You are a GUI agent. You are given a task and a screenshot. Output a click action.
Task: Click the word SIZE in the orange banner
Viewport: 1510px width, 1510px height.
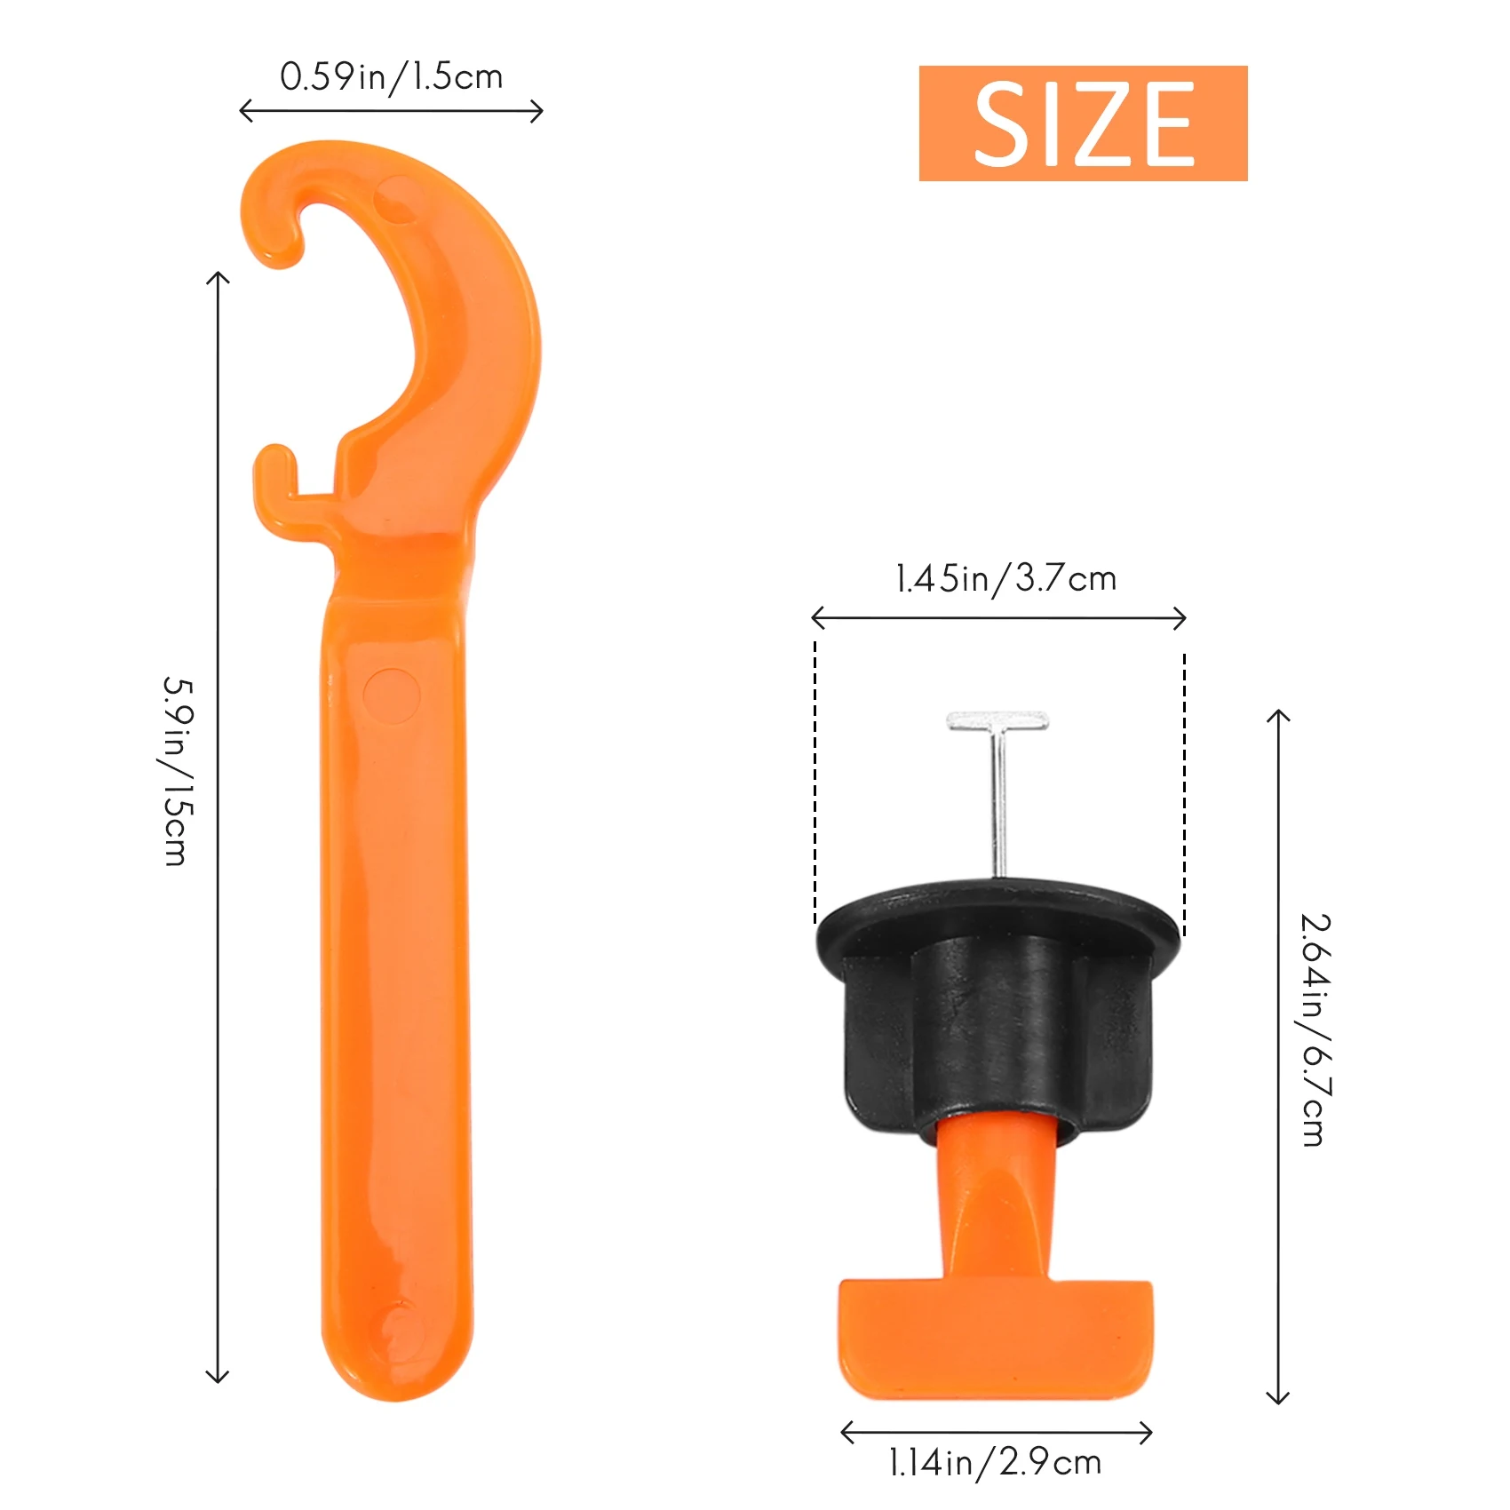pos(1083,123)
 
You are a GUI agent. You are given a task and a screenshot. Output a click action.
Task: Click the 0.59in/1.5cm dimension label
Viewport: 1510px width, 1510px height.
pos(391,77)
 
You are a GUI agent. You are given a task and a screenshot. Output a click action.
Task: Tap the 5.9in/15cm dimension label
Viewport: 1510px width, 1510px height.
pos(177,771)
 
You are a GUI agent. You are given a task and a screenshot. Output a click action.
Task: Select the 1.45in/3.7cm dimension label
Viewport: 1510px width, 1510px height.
pos(1005,579)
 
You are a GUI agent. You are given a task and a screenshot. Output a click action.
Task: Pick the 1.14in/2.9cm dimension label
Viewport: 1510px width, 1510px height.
pos(995,1462)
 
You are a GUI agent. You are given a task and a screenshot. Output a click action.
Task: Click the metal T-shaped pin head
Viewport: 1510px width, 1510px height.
pos(997,720)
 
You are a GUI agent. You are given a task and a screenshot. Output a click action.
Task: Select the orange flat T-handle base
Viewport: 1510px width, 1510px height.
pos(995,1337)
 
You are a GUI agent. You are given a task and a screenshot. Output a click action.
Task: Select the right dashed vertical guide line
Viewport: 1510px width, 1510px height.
pos(1184,791)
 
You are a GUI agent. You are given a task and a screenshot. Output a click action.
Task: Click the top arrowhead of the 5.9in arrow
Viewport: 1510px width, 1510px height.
pos(218,278)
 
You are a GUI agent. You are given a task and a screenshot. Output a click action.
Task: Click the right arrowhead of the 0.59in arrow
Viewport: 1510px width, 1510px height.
pos(537,111)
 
